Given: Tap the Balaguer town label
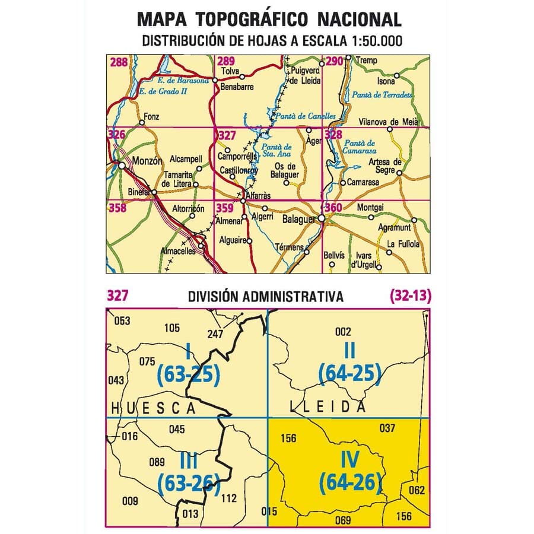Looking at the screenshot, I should click(298, 220).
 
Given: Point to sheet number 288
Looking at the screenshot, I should click(118, 61).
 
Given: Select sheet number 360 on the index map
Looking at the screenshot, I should click(333, 208).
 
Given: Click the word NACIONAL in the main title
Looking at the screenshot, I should click(361, 19).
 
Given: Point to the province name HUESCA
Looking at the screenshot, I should click(154, 408).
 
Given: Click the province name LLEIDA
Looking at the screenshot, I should click(328, 406).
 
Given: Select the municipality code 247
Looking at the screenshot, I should click(216, 333).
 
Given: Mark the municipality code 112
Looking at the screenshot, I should click(228, 498).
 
